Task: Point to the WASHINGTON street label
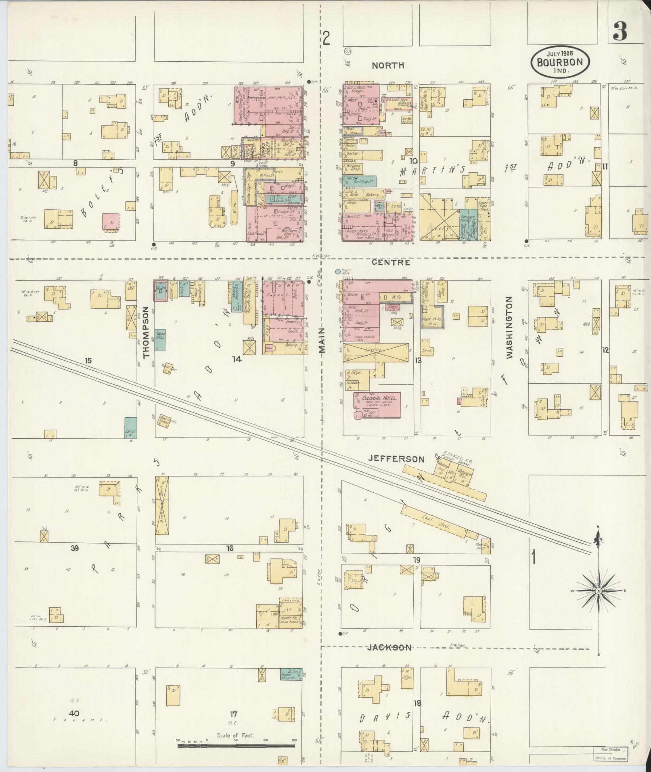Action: point(509,327)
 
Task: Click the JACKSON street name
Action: point(389,648)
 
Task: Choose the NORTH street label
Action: point(388,65)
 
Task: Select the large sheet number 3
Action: point(620,32)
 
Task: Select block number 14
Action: point(237,359)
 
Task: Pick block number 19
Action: point(417,560)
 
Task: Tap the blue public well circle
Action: point(338,272)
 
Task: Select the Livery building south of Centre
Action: point(375,352)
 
